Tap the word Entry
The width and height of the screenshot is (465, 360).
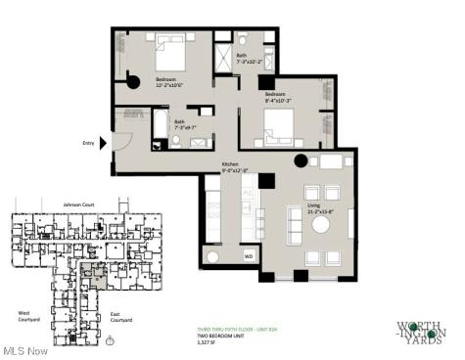pos(88,143)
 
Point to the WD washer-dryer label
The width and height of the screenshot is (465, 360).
pos(248,255)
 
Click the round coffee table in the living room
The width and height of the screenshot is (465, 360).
pos(321,223)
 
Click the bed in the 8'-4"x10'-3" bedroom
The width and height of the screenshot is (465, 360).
pos(276,122)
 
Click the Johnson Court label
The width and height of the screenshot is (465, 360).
pos(77,204)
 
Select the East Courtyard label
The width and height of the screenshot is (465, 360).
pos(121,318)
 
